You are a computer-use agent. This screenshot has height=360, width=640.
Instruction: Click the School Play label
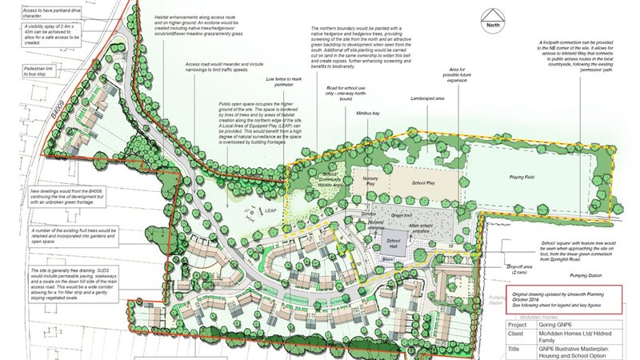(x=423, y=184)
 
